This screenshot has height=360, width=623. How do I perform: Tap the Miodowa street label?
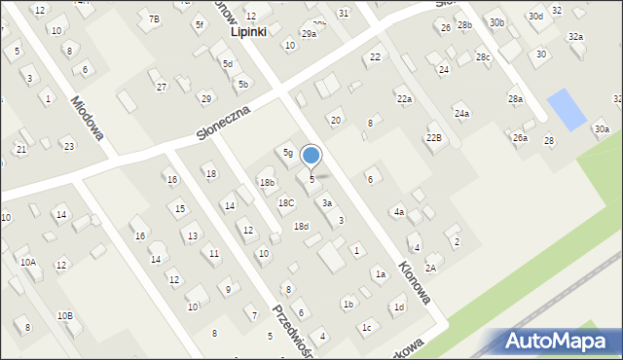click(x=88, y=117)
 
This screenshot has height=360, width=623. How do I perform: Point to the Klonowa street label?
click(x=414, y=281)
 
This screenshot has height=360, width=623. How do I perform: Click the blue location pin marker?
click(x=311, y=156)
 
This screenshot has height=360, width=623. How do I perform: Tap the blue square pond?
click(x=567, y=110)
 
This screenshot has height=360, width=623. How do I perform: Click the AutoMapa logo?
click(x=561, y=342)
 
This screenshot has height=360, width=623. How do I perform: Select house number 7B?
click(x=154, y=19)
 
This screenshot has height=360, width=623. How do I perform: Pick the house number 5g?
click(x=288, y=153)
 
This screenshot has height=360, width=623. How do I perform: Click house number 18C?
click(x=286, y=202)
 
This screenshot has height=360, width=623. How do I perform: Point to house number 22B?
click(x=433, y=138)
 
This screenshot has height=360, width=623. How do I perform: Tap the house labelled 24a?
click(x=461, y=114)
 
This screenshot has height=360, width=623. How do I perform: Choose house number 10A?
click(x=27, y=262)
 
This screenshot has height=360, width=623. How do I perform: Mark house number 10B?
click(x=64, y=315)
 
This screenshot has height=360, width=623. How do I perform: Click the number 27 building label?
click(x=162, y=87)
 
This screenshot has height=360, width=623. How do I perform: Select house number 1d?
click(x=398, y=307)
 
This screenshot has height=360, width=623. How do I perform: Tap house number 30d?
click(x=535, y=17)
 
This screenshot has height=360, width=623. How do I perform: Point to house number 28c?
click(x=483, y=57)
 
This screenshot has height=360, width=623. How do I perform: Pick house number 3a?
click(x=328, y=203)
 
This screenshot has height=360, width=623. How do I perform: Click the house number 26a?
click(x=521, y=138)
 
